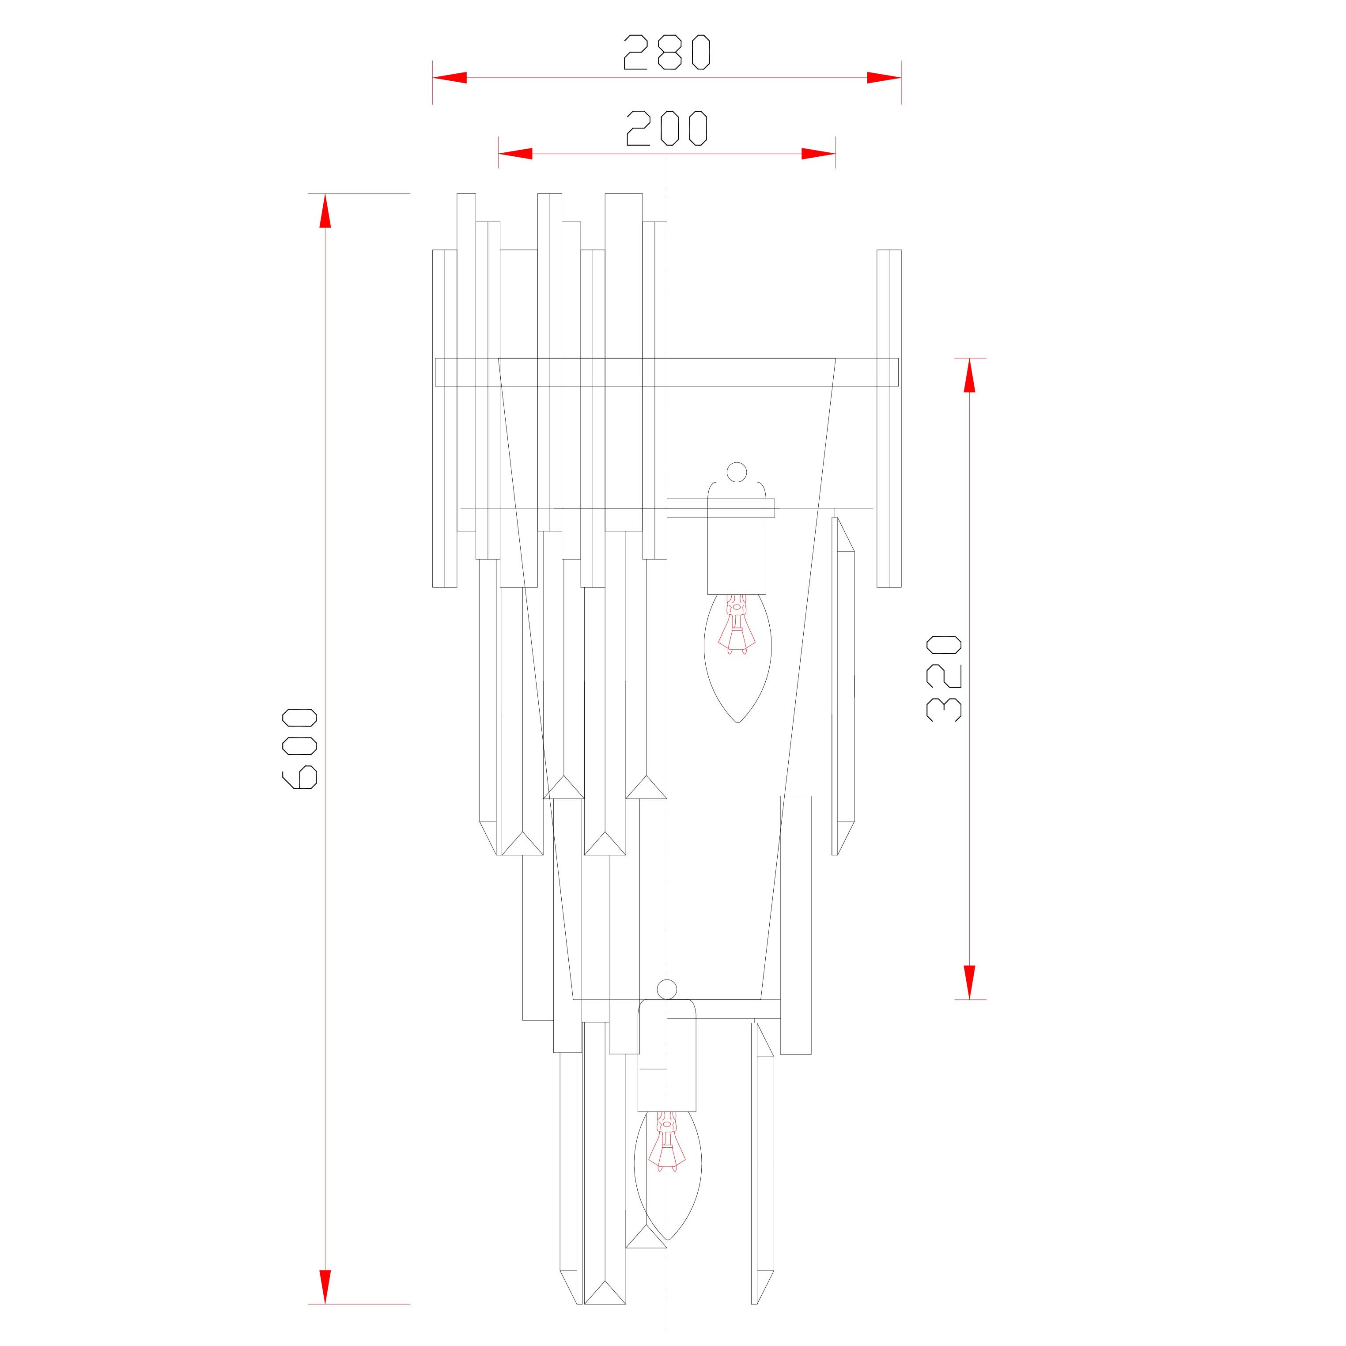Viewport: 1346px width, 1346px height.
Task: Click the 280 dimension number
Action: point(667,52)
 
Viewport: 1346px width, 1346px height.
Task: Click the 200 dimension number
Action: point(667,128)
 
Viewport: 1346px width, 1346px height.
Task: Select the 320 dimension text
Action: point(944,678)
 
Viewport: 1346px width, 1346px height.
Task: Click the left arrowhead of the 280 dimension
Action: point(450,77)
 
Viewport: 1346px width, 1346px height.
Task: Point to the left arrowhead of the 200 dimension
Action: point(515,153)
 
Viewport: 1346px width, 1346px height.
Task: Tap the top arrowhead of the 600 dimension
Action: point(325,210)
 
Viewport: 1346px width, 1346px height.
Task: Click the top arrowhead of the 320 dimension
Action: point(969,375)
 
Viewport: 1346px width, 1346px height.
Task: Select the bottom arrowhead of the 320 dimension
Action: point(969,982)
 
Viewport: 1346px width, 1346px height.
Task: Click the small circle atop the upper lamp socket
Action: point(737,472)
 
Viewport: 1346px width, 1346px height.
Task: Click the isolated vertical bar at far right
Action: point(889,418)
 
